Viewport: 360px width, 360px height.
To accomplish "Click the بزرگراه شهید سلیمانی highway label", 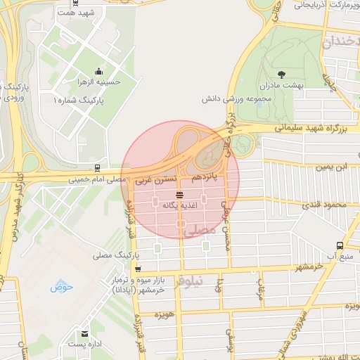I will pyautogui.click(x=307, y=128).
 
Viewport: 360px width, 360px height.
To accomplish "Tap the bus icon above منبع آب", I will pyautogui.click(x=340, y=246).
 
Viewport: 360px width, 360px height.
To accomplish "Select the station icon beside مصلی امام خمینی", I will pyautogui.click(x=96, y=168).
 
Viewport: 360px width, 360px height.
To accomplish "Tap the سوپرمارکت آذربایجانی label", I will pyautogui.click(x=319, y=6).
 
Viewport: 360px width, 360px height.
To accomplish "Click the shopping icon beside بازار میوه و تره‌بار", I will pyautogui.click(x=138, y=269).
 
